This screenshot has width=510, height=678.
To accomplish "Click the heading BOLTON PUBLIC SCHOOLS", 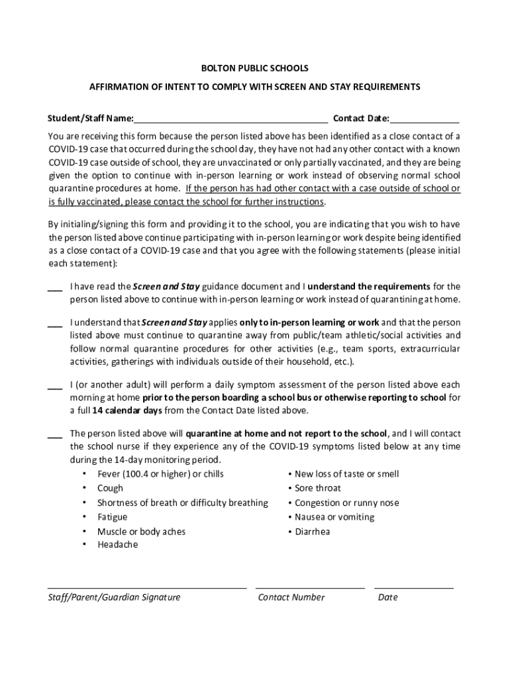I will point(255,68).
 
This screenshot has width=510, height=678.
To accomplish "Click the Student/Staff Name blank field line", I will point(230,122).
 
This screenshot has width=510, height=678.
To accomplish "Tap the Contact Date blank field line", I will point(425,122).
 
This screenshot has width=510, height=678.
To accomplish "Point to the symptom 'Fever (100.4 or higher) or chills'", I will point(160,474).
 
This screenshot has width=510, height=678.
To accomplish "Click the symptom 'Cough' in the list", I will point(110,488).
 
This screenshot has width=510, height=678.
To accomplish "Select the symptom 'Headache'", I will point(117,545).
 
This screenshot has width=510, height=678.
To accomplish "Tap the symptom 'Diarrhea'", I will point(312,532).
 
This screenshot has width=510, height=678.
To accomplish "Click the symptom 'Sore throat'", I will point(318,488).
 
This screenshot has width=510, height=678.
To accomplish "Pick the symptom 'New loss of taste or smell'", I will point(346,474).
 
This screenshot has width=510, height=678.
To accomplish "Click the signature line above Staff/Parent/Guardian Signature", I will point(146,587).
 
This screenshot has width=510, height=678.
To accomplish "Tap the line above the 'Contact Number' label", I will point(309,587).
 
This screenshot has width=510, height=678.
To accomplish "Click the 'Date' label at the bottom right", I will point(387,597).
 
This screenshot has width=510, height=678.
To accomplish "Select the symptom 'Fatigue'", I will point(112,517).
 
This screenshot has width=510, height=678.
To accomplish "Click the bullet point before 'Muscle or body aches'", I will point(84,532).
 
